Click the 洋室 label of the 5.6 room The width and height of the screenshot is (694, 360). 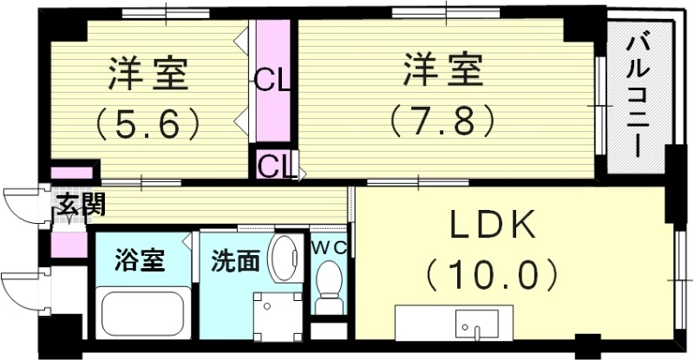[x=149, y=73]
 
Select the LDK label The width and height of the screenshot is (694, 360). [x=490, y=227]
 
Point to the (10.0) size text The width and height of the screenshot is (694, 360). [x=490, y=276]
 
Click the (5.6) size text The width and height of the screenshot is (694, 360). [x=149, y=122]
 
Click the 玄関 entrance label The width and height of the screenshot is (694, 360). [x=81, y=206]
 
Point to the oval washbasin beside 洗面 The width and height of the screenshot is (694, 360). [x=283, y=258]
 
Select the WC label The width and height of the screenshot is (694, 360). [x=329, y=246]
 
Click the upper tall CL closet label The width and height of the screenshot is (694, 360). [x=272, y=84]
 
